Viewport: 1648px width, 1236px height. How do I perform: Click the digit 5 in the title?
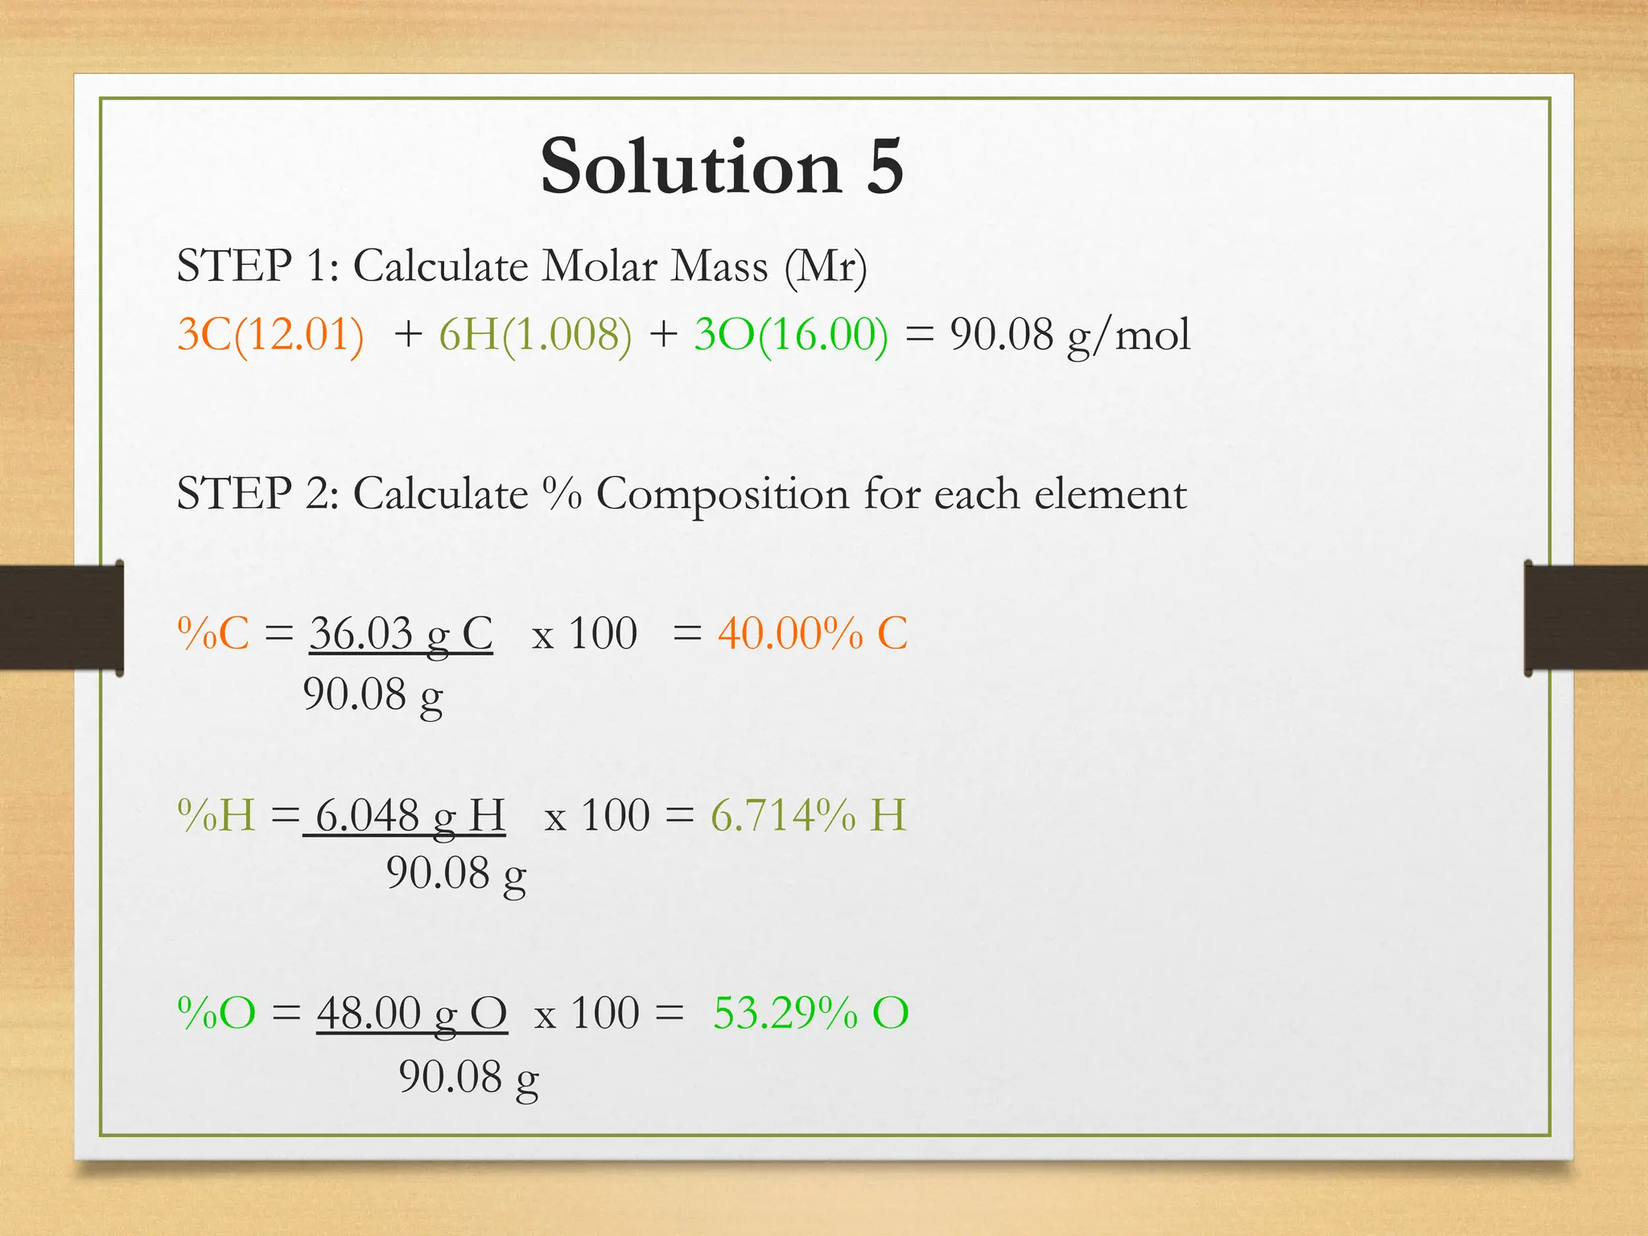[884, 167]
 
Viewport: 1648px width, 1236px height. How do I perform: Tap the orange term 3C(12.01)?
[270, 334]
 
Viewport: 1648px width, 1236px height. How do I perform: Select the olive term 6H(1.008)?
[535, 334]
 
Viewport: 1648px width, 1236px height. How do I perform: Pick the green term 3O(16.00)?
[791, 334]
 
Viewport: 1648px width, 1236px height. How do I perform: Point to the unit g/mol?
[1128, 336]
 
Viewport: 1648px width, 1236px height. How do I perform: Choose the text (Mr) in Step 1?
[826, 266]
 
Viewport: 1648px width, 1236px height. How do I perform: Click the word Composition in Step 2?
[722, 493]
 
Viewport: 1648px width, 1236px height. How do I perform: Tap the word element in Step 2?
[1110, 493]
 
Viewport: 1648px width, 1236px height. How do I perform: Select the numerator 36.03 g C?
[401, 633]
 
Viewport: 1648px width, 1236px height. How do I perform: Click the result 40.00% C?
[813, 633]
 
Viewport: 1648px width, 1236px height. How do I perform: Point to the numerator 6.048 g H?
[409, 815]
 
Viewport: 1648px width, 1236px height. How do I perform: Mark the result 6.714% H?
[808, 815]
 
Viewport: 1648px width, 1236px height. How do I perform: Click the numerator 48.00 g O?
[411, 1012]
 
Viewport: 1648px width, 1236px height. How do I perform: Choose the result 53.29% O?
[810, 1012]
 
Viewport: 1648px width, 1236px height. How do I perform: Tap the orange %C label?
[213, 633]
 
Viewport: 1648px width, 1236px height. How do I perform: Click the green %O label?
[216, 1012]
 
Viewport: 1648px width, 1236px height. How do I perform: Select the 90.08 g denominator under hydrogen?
[455, 874]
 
